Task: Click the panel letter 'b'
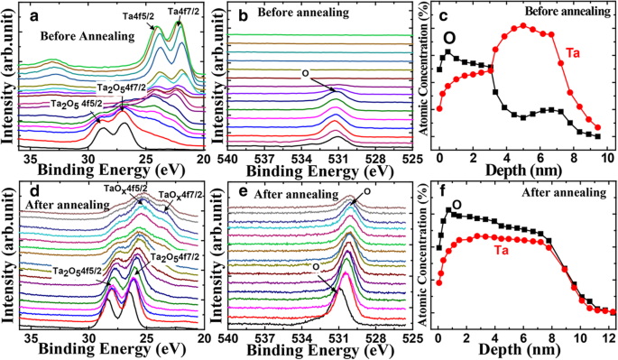click(x=235, y=14)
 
